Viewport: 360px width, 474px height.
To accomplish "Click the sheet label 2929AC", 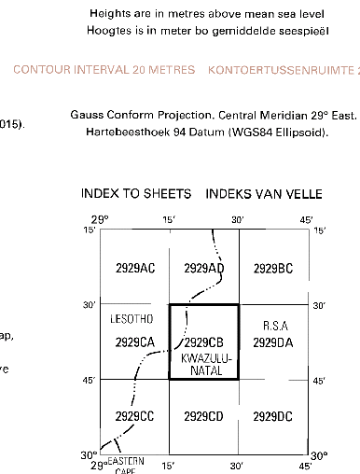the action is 134,269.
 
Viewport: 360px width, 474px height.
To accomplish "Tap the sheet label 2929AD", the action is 203,269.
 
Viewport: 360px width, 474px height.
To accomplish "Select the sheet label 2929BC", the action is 272,269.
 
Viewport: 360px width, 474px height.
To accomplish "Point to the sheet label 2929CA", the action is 134,342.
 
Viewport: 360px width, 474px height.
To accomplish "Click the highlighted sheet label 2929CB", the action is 203,342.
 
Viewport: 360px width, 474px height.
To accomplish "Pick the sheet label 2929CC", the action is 134,415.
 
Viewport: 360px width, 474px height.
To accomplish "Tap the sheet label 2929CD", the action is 203,415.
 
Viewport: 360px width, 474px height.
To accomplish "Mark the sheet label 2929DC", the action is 272,415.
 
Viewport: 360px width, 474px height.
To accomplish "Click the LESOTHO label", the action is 131,319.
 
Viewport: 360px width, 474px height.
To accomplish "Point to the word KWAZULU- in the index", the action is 203,358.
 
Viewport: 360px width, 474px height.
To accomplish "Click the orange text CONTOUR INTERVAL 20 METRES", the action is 104,70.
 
